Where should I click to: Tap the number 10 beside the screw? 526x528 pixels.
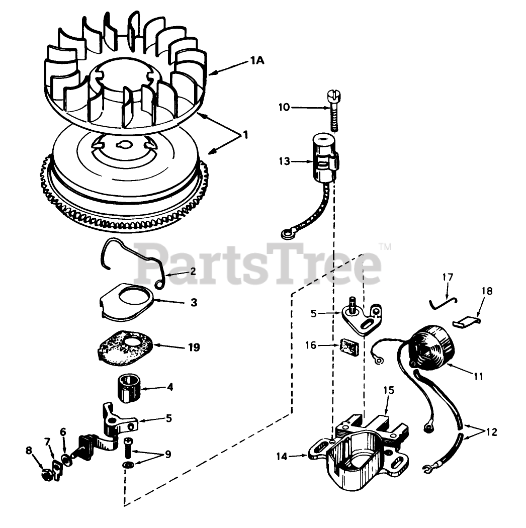(x=284, y=107)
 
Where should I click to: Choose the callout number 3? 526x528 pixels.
(x=194, y=303)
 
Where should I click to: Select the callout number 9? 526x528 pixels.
(x=167, y=455)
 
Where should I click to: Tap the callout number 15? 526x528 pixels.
(x=389, y=390)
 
